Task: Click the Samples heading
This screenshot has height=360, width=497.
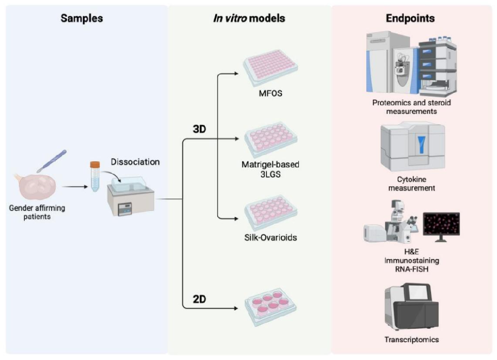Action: point(82,18)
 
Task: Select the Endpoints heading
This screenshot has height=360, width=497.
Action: point(410,18)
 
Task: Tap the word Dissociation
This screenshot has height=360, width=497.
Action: point(135,162)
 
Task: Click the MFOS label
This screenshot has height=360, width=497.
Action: point(270,93)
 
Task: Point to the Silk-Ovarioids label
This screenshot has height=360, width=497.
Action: point(270,237)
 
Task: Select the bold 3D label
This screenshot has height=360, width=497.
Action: point(199,129)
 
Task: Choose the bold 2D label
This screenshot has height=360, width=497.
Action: point(199,299)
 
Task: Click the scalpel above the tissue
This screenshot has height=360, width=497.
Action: point(52,161)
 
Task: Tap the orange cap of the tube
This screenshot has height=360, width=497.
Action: point(95,165)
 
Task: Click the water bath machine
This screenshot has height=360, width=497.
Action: point(131,196)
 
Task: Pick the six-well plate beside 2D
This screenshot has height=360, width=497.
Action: point(270,306)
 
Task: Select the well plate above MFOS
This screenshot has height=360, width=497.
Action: point(270,68)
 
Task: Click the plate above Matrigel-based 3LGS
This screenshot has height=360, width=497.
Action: point(270,140)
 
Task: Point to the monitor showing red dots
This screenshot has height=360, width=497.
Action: point(441,226)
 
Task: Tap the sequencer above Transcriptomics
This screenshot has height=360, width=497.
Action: point(412,306)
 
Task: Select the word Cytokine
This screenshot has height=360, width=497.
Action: point(412,179)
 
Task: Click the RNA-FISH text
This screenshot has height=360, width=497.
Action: point(412,269)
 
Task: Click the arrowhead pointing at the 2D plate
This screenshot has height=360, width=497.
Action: point(236,308)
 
